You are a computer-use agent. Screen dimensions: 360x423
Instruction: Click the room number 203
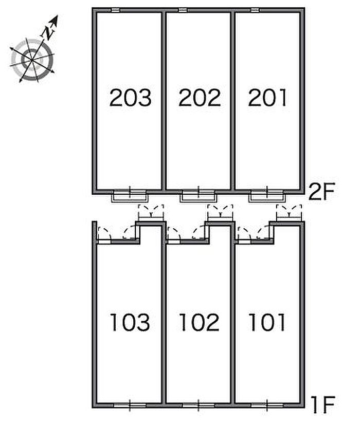point(130,98)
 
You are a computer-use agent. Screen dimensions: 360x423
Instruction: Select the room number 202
point(200,98)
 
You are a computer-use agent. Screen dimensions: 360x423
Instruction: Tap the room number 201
point(267,98)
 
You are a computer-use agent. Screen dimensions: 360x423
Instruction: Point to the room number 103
point(130,322)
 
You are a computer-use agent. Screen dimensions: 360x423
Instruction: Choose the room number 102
point(199,322)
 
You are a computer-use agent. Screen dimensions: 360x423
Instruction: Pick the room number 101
point(267,322)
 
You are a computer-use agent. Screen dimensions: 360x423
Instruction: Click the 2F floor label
point(321,192)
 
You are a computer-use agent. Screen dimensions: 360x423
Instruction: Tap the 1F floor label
point(323,404)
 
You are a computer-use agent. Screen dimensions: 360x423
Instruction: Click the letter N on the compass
point(48,33)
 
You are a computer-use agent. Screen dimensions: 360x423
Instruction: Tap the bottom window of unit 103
point(130,406)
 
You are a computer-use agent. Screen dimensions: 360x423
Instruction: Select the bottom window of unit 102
point(199,406)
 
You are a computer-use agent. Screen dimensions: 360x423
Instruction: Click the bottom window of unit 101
point(267,406)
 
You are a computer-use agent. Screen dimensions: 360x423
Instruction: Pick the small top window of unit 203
point(115,10)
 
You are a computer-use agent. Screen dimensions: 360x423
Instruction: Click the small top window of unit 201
point(255,10)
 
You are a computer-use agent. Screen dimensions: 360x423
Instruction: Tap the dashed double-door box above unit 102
point(220,212)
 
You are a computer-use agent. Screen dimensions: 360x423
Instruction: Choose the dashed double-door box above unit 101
point(289,212)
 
